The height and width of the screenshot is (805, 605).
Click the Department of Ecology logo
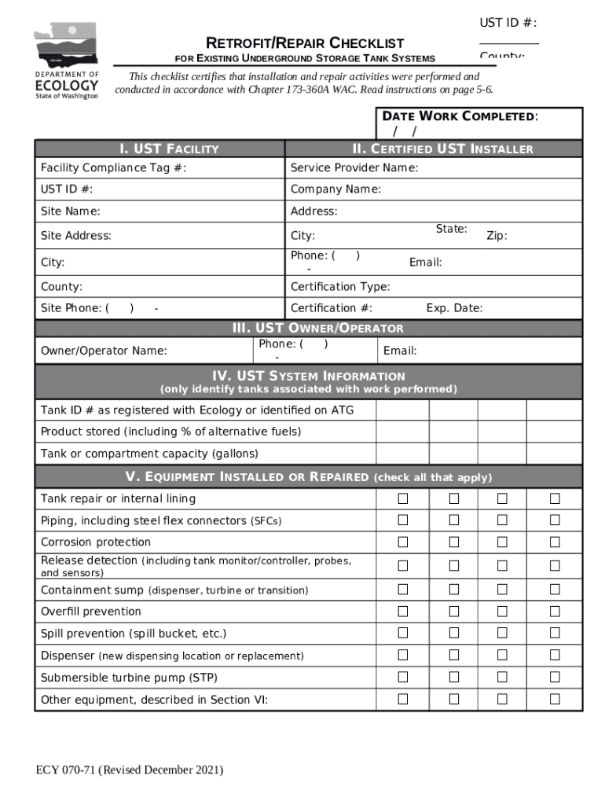point(66,61)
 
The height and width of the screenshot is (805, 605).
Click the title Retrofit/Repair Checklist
point(305,42)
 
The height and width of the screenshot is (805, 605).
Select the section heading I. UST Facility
point(169,149)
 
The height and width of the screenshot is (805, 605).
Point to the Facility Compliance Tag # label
point(114,168)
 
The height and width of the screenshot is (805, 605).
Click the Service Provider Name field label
point(354,168)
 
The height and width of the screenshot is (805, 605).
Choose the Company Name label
point(335,189)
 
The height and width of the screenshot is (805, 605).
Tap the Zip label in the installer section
point(497,235)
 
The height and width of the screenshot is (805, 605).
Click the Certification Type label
point(340,287)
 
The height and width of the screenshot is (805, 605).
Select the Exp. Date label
point(454,308)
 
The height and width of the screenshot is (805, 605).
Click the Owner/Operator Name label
point(104,351)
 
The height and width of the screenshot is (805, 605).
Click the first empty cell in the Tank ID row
point(402,410)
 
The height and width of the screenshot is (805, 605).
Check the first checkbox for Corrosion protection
point(403,542)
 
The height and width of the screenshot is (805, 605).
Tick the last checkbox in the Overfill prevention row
point(555,611)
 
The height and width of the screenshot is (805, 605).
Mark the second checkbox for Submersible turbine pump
point(454,677)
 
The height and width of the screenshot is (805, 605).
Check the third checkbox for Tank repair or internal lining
point(502,498)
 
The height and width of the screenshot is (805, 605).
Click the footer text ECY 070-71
point(130,770)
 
